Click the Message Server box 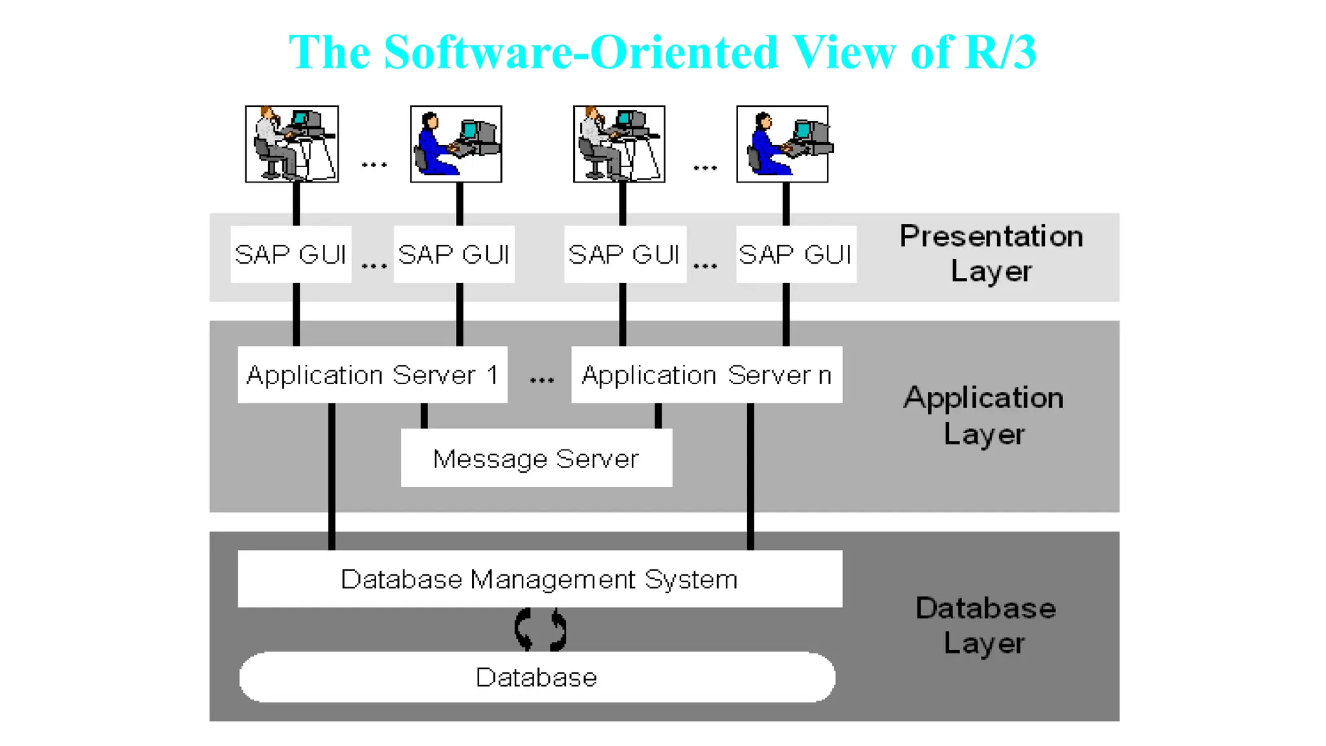click(x=536, y=458)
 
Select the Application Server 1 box click(x=372, y=375)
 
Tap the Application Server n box click(x=706, y=375)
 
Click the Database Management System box click(x=539, y=579)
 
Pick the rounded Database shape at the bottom click(x=537, y=677)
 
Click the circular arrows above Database click(x=540, y=629)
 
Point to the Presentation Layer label click(x=991, y=253)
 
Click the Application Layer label click(x=983, y=415)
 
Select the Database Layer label click(x=985, y=626)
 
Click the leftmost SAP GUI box click(x=291, y=254)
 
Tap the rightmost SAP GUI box click(x=796, y=254)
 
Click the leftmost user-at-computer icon click(x=291, y=144)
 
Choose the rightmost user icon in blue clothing click(x=782, y=144)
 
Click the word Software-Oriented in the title click(x=580, y=52)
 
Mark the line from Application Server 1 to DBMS click(x=332, y=476)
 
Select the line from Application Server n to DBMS click(x=750, y=476)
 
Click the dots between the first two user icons click(x=374, y=165)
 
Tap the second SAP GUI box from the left click(x=454, y=254)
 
